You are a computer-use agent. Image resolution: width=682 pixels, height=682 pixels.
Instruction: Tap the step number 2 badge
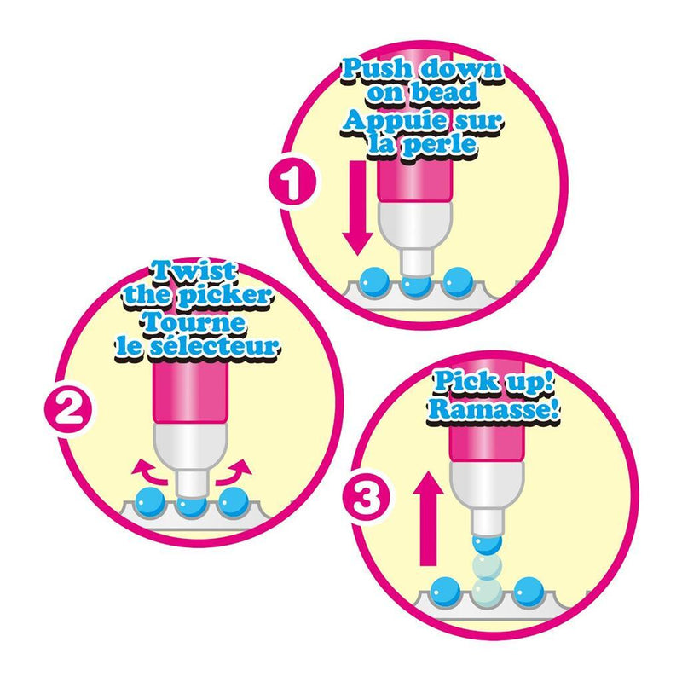click(68, 409)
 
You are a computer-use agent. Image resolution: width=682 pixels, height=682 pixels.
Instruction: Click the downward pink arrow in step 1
click(358, 208)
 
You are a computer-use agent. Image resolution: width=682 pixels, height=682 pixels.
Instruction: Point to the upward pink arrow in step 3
click(429, 518)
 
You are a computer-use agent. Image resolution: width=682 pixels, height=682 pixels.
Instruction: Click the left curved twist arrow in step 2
click(149, 473)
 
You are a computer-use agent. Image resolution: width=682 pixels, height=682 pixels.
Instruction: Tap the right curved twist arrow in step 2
click(234, 473)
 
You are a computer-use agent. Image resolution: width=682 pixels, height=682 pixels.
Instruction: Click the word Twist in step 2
click(194, 271)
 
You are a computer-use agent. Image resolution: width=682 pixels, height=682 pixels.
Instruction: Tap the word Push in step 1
click(376, 70)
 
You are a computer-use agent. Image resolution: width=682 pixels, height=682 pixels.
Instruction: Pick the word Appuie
click(394, 120)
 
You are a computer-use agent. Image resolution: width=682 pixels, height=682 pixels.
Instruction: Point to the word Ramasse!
click(493, 408)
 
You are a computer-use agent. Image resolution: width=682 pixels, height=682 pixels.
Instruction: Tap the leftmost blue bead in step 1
click(375, 281)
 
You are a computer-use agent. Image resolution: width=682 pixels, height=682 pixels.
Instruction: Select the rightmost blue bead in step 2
click(234, 502)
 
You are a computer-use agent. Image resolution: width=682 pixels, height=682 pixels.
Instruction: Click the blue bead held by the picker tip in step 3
click(487, 543)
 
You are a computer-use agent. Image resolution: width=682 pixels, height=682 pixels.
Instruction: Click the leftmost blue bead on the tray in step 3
click(446, 591)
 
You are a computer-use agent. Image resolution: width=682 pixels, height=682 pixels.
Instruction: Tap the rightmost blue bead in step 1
click(458, 281)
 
